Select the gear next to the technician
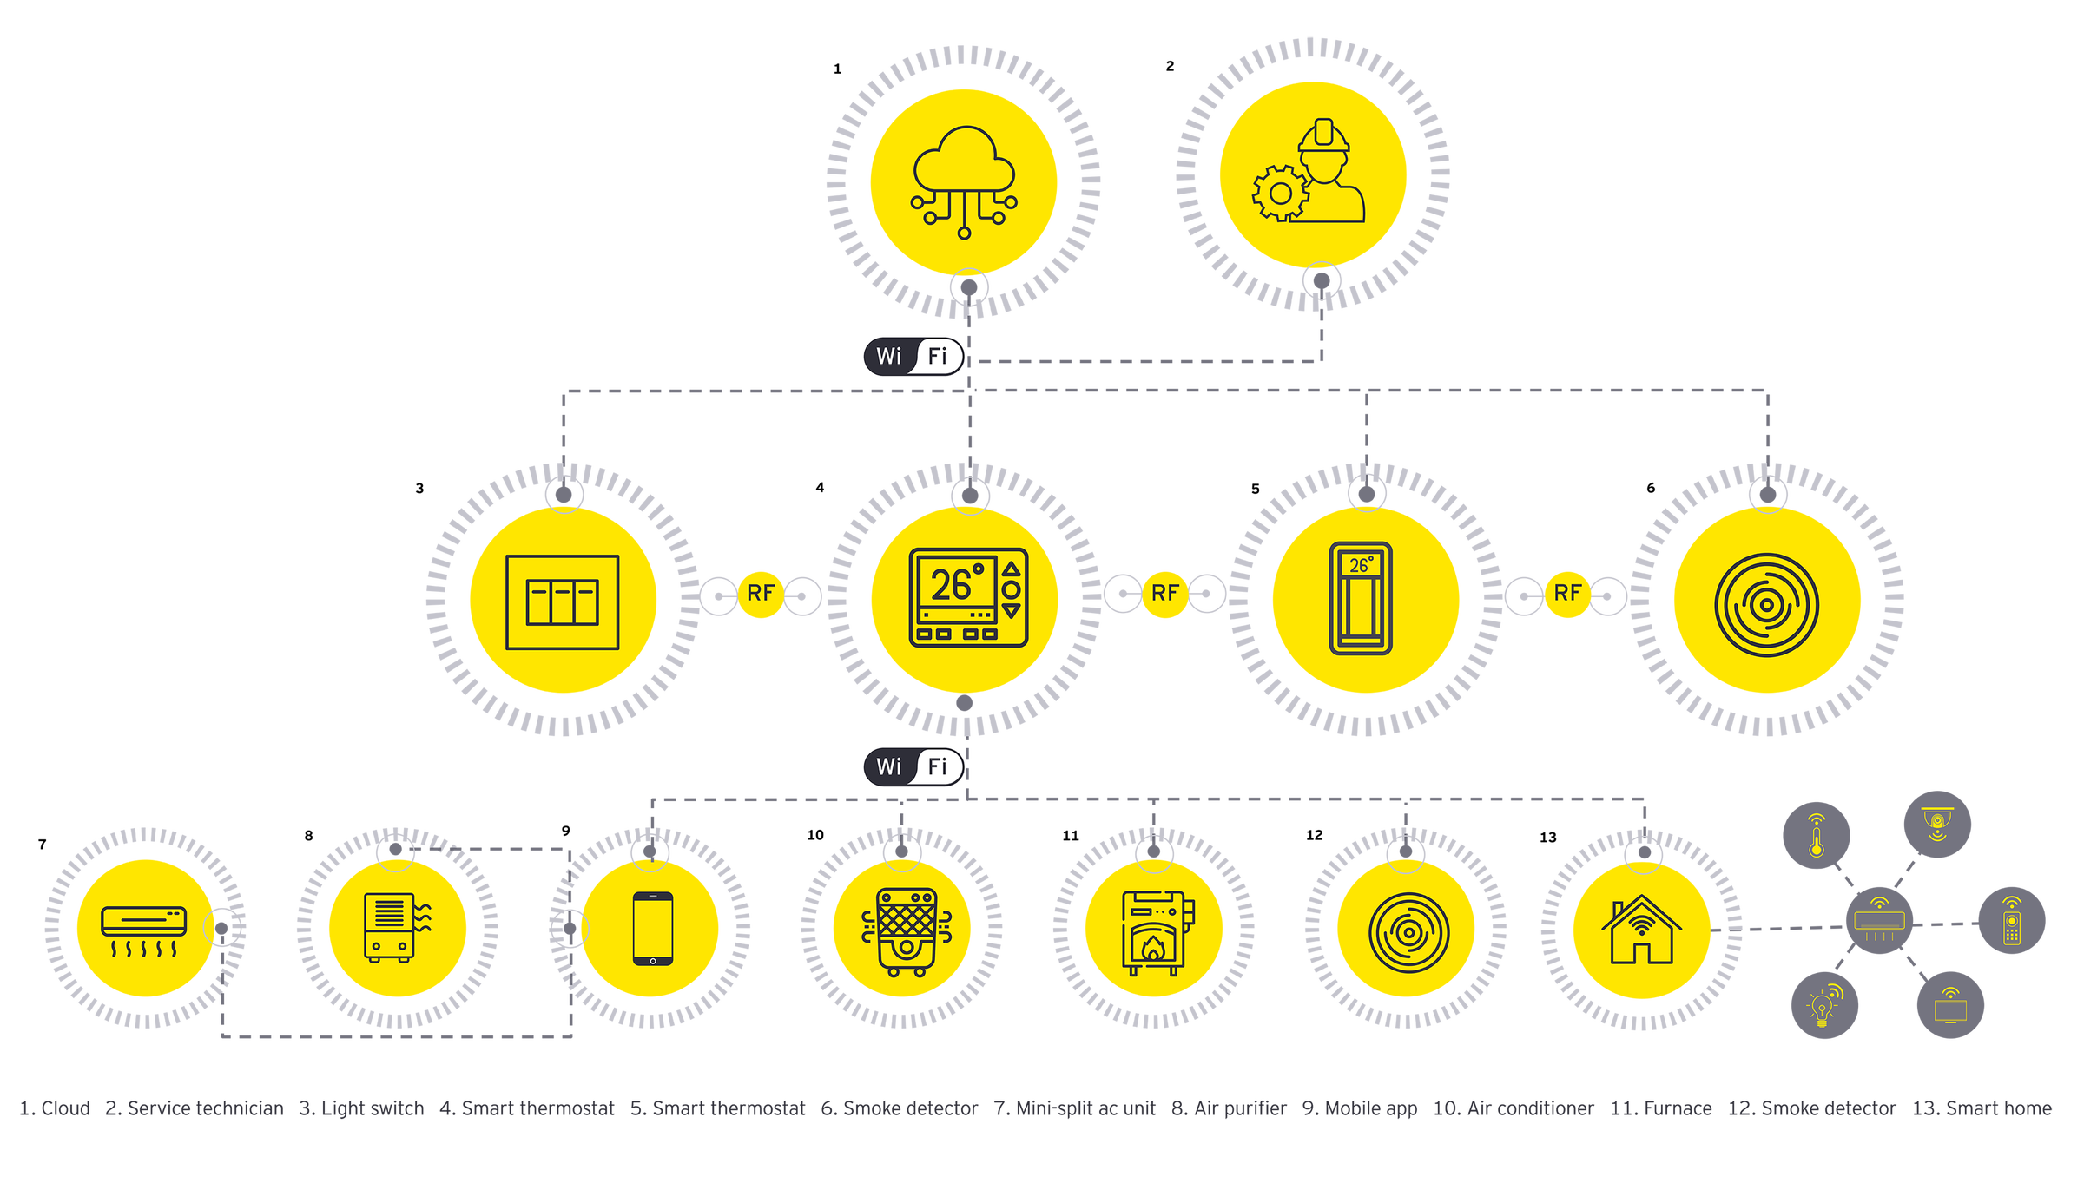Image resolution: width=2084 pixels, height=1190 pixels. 1279,193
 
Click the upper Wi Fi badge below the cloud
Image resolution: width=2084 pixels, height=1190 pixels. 913,356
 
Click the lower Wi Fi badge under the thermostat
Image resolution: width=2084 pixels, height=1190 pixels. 913,766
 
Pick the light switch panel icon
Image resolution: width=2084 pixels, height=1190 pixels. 563,602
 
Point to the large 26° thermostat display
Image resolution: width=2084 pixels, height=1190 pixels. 953,584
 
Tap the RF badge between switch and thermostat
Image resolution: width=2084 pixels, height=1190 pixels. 760,594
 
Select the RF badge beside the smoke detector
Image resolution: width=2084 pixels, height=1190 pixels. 1567,594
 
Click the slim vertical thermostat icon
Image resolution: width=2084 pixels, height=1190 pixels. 1361,598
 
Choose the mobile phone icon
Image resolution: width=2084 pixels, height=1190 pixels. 652,928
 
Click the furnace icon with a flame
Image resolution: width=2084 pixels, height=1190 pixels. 1155,932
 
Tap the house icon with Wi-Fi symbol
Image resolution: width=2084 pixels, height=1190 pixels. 1640,930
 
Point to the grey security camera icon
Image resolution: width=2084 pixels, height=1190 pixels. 1936,824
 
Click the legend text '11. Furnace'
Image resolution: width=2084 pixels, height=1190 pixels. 1661,1108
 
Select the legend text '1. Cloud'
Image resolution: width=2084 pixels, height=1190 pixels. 56,1108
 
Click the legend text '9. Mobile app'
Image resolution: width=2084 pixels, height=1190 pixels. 1360,1108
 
